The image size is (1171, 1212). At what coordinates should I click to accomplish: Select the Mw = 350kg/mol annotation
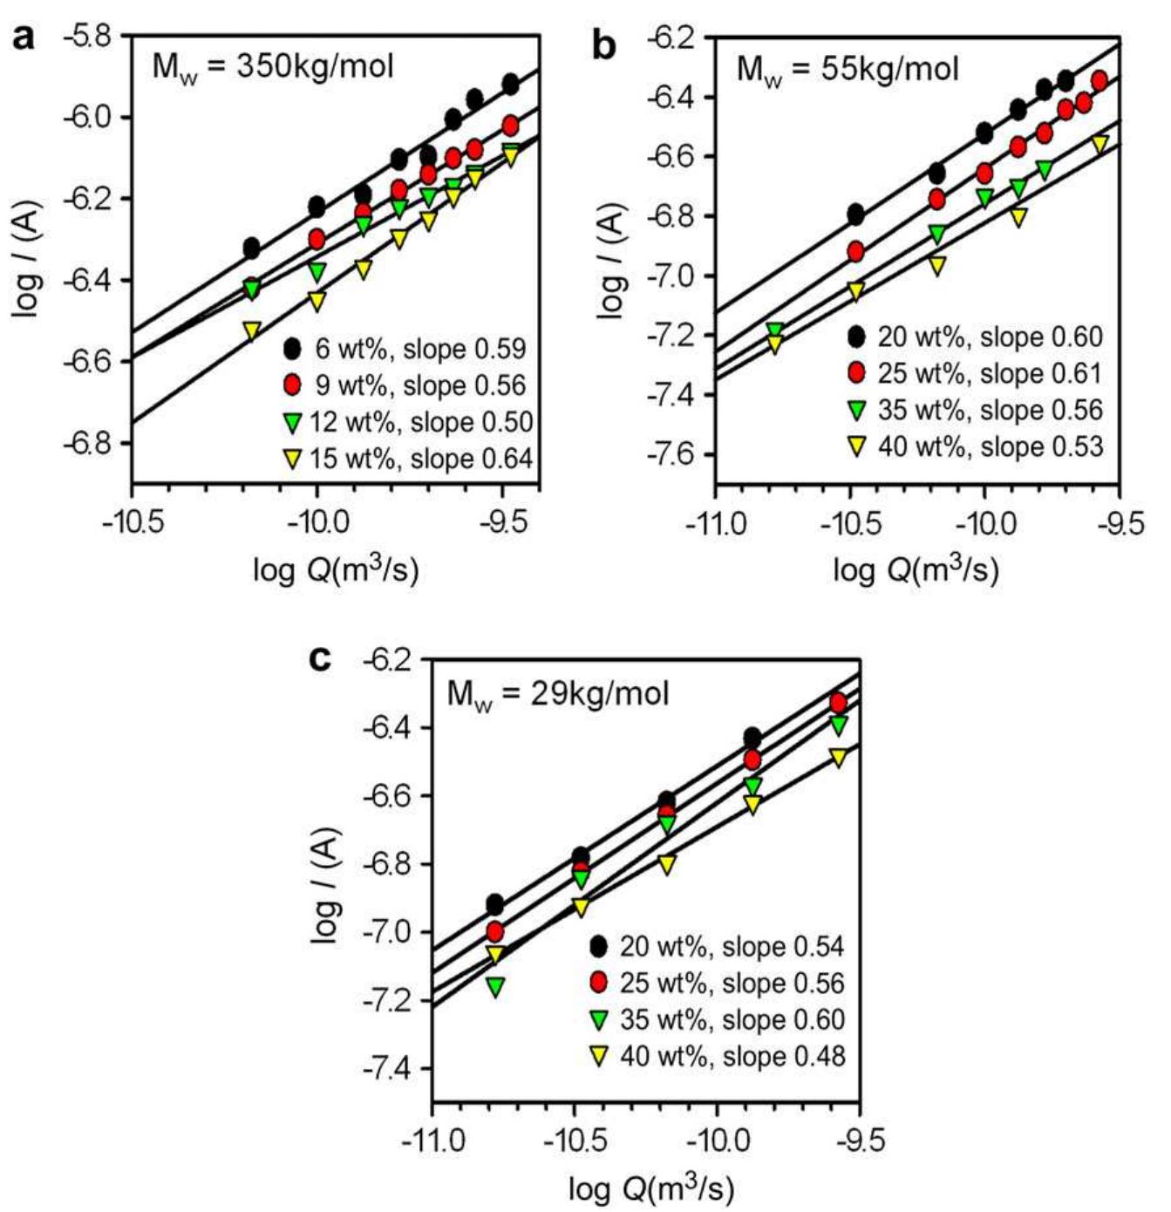coord(273,66)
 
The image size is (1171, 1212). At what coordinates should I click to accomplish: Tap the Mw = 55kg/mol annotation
coord(847,68)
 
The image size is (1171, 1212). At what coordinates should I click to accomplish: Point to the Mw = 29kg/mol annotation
coord(557,694)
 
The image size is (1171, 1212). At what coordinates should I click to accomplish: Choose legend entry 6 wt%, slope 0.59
coord(405,349)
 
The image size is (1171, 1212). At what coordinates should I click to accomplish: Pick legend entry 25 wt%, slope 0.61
coord(977,373)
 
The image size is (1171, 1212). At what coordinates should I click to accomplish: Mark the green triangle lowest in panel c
coord(495,987)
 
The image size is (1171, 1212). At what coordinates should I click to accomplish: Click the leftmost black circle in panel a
coord(251,249)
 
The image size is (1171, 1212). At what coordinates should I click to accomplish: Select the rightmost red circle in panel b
coord(1100,80)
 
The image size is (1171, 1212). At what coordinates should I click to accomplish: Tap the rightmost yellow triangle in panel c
coord(838,758)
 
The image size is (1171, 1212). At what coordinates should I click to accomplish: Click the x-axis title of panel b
coord(916,570)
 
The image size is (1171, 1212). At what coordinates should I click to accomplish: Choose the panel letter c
coord(321,659)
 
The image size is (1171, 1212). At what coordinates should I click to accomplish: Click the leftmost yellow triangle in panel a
coord(251,331)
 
